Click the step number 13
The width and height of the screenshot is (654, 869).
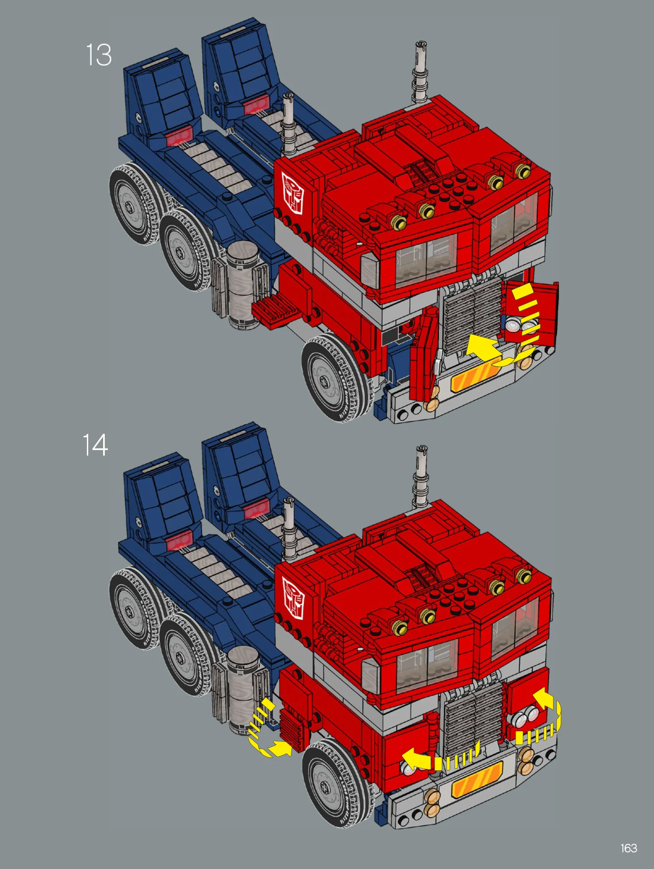(x=99, y=55)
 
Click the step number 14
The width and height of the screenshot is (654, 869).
(x=95, y=445)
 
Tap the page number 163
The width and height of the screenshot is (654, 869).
(x=629, y=848)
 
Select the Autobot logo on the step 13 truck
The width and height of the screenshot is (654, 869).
(x=292, y=193)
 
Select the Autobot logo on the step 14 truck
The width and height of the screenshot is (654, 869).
(x=293, y=598)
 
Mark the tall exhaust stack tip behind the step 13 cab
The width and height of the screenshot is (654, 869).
(x=421, y=44)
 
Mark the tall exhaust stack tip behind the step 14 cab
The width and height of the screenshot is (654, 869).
(x=421, y=448)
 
